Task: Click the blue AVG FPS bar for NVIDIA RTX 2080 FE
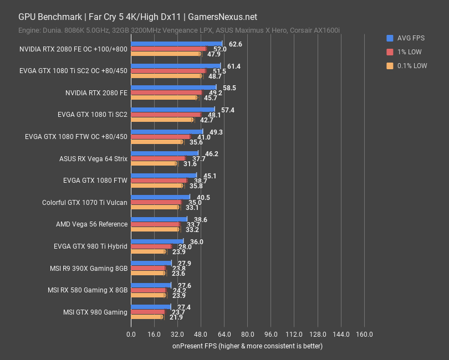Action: [x=174, y=87]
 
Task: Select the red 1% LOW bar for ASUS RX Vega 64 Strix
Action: [x=158, y=158]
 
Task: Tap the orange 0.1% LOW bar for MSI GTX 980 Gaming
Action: [x=147, y=317]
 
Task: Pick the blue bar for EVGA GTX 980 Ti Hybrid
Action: [x=157, y=241]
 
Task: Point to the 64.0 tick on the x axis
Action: [x=224, y=335]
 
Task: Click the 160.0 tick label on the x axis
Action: [x=364, y=335]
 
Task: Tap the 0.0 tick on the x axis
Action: [x=131, y=335]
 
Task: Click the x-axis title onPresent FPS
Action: [x=247, y=346]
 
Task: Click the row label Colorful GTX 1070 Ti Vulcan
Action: [x=85, y=203]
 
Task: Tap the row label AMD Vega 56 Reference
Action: [x=91, y=224]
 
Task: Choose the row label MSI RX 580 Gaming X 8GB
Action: [x=88, y=290]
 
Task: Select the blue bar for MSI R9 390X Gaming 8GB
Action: [x=151, y=263]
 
